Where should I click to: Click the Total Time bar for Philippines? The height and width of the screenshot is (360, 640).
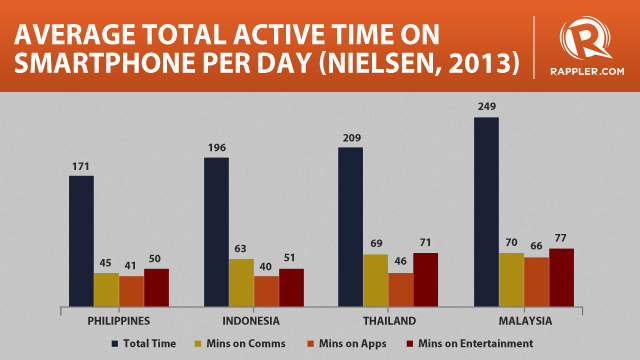(x=81, y=241)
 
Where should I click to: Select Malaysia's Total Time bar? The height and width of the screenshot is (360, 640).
(x=486, y=211)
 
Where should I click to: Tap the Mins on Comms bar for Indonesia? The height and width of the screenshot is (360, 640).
(x=241, y=282)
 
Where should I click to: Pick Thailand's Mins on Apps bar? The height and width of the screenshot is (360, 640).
(x=400, y=289)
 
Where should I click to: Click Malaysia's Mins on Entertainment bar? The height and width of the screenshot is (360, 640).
(x=561, y=277)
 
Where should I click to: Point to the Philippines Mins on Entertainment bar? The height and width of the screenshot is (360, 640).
(x=156, y=287)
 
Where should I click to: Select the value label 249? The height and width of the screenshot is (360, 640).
(x=486, y=106)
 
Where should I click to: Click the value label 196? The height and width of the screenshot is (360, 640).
(x=216, y=147)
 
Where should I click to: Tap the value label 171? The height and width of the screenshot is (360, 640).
(x=81, y=165)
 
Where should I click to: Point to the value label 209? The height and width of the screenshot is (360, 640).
(x=351, y=137)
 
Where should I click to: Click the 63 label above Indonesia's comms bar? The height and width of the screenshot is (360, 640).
(x=241, y=249)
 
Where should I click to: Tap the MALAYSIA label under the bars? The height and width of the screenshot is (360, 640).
(x=523, y=321)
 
